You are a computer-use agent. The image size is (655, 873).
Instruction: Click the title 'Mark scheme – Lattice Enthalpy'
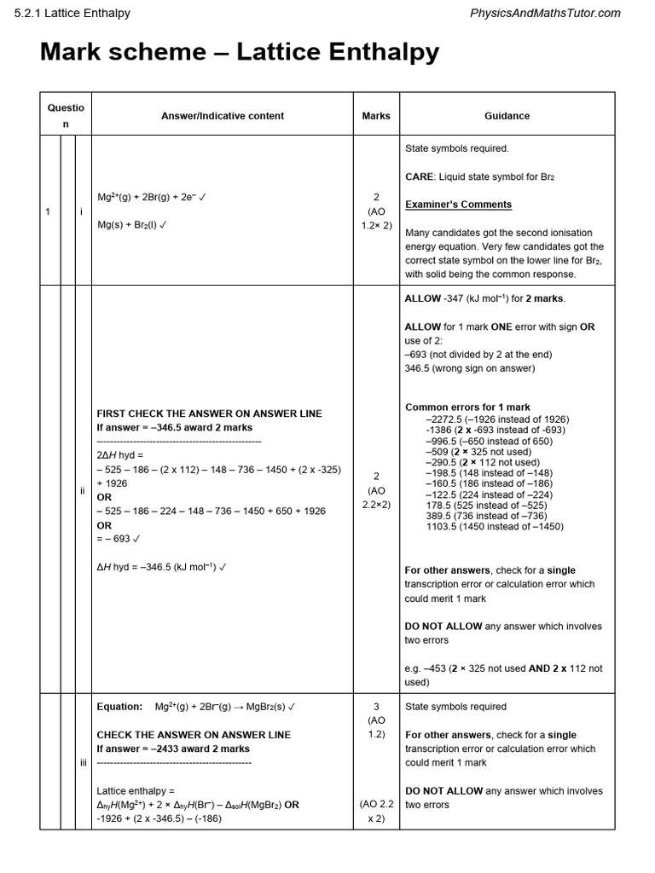pyautogui.click(x=240, y=53)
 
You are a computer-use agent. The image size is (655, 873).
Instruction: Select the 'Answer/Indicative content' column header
pyautogui.click(x=223, y=116)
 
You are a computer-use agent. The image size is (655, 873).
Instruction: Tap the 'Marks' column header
pyautogui.click(x=376, y=116)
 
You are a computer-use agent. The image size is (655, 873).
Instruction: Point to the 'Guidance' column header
pyautogui.click(x=507, y=116)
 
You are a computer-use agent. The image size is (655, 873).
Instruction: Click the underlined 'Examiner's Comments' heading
pyautogui.click(x=458, y=205)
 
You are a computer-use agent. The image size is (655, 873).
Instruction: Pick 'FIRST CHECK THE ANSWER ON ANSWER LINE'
pyautogui.click(x=209, y=413)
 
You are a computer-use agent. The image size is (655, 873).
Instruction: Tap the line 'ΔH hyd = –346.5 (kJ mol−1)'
pyautogui.click(x=162, y=567)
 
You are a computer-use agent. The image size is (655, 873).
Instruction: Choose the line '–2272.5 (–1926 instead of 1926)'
pyautogui.click(x=497, y=419)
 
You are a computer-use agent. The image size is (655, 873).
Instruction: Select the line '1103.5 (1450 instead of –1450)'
pyautogui.click(x=495, y=528)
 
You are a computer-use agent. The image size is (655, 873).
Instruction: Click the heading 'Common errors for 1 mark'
pyautogui.click(x=467, y=408)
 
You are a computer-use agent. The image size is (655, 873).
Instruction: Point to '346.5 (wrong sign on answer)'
pyautogui.click(x=470, y=368)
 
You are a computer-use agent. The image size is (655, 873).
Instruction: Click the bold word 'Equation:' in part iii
pyautogui.click(x=119, y=707)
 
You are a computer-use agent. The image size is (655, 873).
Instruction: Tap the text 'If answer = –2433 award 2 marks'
pyautogui.click(x=173, y=749)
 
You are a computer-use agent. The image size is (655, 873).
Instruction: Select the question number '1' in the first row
pyautogui.click(x=49, y=211)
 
